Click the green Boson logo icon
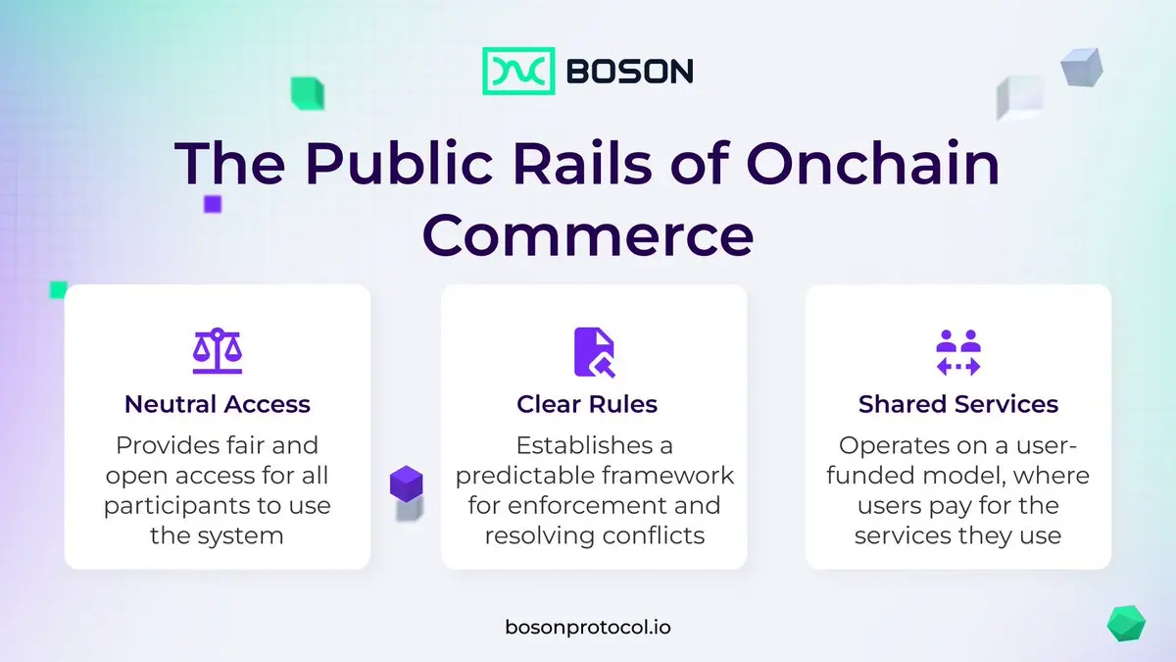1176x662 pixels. point(518,71)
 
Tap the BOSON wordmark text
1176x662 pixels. point(630,72)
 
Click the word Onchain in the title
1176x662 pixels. point(872,163)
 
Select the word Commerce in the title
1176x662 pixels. point(588,234)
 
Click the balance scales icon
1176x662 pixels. point(218,351)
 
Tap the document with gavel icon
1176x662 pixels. point(594,352)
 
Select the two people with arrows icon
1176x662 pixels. point(958,352)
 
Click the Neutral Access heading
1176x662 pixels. point(218,404)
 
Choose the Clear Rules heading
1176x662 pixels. point(587,404)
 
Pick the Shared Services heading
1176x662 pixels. point(958,404)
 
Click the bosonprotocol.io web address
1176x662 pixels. point(588,628)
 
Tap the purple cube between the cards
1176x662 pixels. point(407,484)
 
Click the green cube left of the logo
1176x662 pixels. point(308,93)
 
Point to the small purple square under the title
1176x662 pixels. point(213,204)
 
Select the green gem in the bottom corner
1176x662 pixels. point(1126,624)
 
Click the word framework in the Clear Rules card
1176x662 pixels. point(667,476)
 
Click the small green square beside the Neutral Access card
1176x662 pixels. point(58,290)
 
